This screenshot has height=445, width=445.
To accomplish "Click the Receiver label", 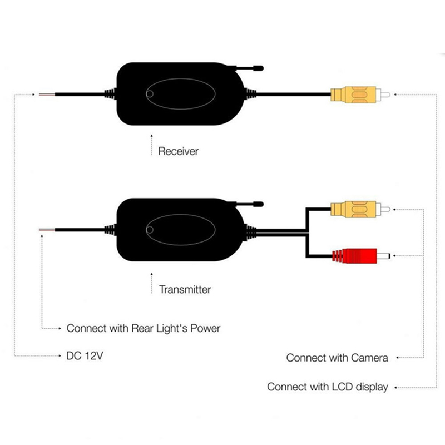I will pos(178,151).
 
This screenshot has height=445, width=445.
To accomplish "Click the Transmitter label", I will pos(185,289).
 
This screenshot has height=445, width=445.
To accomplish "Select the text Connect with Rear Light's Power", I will pos(143,328).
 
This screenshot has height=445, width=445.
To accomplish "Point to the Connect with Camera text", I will pos(337,358).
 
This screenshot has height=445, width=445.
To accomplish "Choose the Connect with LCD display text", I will pos(328,387).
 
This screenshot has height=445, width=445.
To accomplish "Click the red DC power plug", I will pos(361,256).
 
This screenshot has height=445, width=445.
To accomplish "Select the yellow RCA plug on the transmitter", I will pos(356,210).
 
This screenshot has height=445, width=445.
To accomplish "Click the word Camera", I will pos(369,358).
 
